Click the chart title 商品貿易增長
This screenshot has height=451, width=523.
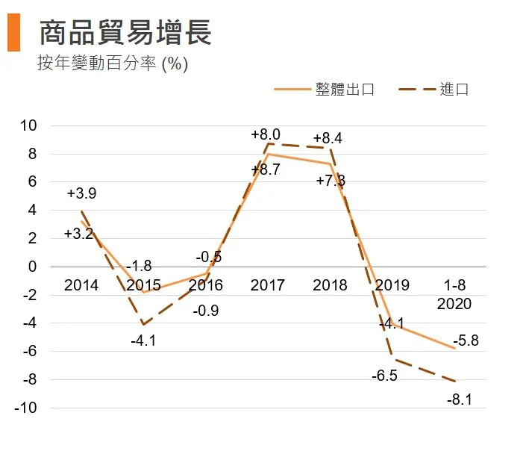coord(125,33)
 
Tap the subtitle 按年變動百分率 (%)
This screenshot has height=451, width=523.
coord(113,63)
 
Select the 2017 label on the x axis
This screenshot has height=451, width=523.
coord(268,285)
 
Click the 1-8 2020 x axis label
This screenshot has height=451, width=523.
coord(454,295)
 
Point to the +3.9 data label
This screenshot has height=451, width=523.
coord(81,193)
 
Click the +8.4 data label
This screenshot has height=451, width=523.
coord(328,138)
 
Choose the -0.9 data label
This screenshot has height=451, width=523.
coord(205,310)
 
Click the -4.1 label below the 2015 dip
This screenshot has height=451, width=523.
coord(143,341)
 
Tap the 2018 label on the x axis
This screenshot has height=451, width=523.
coord(330,285)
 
